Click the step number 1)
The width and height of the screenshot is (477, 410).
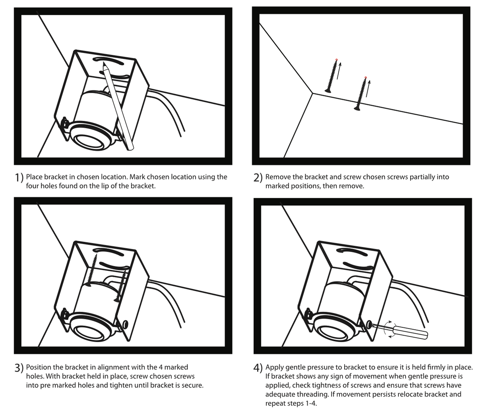[19, 178]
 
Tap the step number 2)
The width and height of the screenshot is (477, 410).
[258, 178]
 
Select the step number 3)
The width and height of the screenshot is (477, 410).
[19, 368]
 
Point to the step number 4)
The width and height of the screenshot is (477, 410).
[258, 368]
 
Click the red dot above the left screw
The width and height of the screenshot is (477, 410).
[336, 60]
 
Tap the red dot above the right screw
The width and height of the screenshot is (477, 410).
[366, 77]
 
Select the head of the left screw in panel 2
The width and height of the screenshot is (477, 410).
[328, 91]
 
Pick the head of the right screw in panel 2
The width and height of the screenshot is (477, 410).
[357, 109]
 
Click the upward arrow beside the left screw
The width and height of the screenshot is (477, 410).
[339, 71]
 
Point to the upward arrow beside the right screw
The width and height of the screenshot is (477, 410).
[368, 88]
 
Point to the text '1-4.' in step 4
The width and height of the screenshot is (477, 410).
[311, 404]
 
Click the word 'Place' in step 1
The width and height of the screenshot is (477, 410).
[34, 177]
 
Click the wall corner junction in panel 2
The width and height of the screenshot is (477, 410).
[313, 93]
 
